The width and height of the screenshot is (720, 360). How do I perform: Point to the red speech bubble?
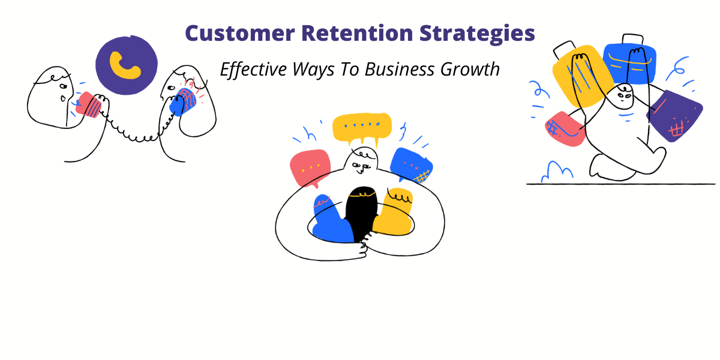pos(310,167)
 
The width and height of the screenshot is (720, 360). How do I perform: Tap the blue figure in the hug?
pos(330,218)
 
